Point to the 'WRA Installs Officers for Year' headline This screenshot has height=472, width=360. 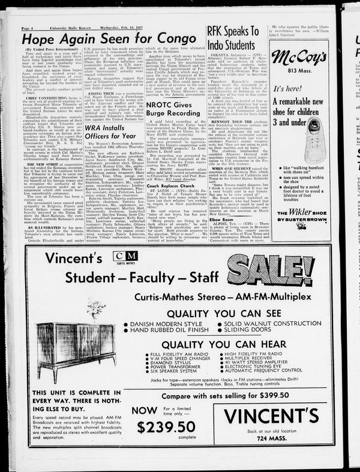pos(113,132)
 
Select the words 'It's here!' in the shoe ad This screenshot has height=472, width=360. pos(287,89)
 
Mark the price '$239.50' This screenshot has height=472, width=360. pos(166,427)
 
